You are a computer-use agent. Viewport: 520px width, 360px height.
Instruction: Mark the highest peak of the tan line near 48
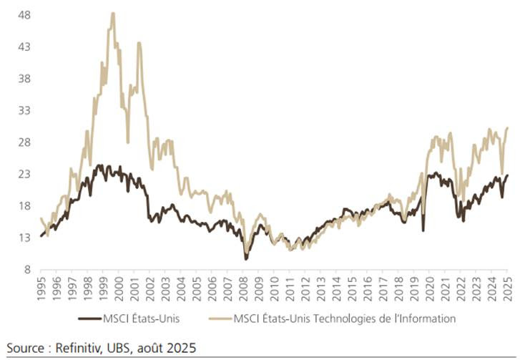(113, 14)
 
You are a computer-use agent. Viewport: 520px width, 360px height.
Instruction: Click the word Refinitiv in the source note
(84, 348)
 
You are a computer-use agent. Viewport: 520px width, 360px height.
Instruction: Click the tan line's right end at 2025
(507, 128)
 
